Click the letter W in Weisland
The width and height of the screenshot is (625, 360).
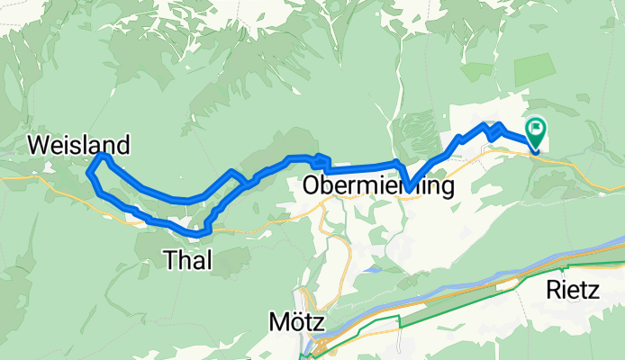coord(40,144)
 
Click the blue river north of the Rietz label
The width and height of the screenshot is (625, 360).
coord(576,256)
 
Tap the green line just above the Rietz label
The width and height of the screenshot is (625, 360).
coord(576,267)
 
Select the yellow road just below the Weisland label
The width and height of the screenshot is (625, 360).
coord(54,177)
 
